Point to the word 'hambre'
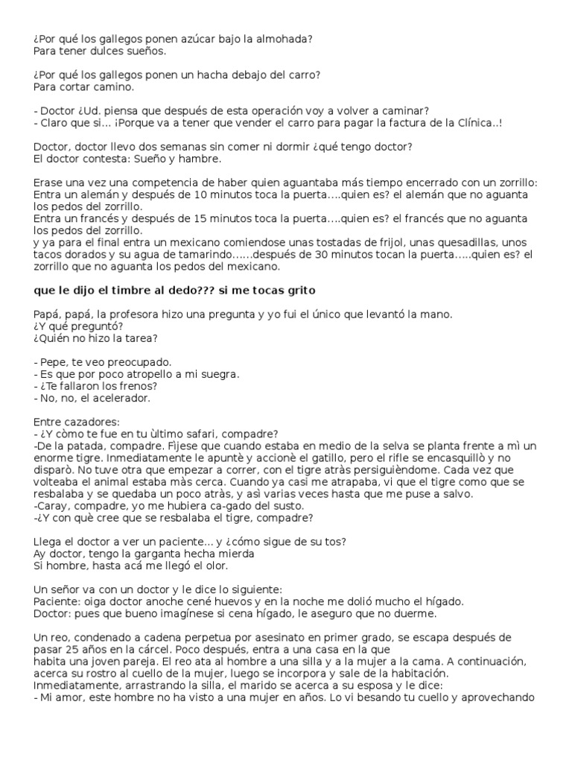pos(199,159)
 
